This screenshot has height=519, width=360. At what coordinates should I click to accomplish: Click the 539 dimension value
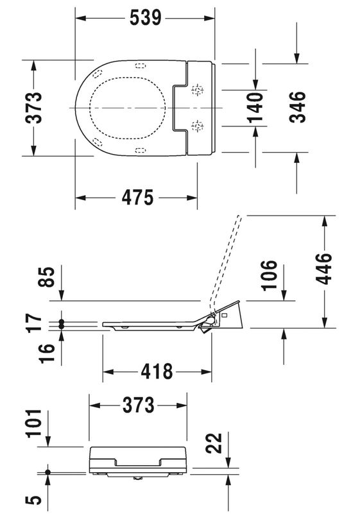(x=146, y=18)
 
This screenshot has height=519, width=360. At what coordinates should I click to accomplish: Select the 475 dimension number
(x=137, y=198)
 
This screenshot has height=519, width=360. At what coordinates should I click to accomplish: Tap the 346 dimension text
(x=297, y=107)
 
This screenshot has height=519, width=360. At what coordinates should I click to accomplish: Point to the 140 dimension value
(x=255, y=108)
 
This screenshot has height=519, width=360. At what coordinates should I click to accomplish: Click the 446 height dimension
(x=323, y=268)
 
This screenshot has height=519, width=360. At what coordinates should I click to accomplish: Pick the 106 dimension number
(x=269, y=275)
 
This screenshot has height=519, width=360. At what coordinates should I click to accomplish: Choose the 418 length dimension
(x=157, y=371)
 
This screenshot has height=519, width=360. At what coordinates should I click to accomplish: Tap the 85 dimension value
(x=46, y=277)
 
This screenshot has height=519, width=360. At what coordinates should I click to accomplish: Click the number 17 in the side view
(x=34, y=323)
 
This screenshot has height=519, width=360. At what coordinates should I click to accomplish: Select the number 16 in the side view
(x=46, y=353)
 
